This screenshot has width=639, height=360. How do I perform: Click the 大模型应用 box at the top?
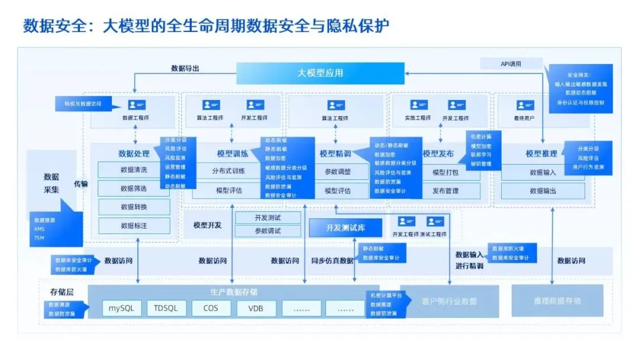(320, 73)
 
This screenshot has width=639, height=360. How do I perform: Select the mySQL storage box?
(122, 308)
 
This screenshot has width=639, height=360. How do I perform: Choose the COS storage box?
(210, 308)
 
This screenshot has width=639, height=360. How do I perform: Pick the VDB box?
(256, 308)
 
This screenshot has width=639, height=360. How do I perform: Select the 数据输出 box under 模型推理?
(543, 191)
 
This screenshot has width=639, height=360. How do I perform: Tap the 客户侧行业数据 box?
(449, 301)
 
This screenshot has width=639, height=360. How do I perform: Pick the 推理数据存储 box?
(557, 301)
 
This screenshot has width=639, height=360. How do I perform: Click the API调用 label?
(502, 64)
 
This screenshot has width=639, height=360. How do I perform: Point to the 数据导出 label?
(185, 69)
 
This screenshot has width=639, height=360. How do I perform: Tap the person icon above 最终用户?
(525, 105)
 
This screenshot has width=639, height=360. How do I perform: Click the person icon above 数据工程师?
(135, 105)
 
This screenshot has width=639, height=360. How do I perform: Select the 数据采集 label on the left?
(51, 183)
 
